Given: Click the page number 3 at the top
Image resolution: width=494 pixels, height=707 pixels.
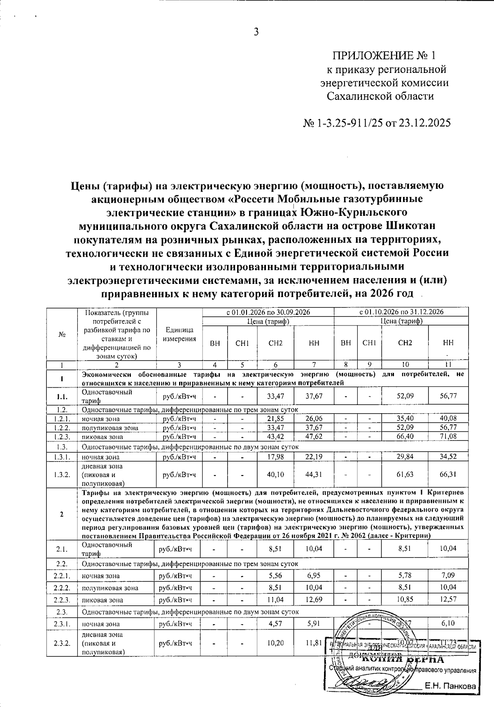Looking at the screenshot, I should tap(256, 32).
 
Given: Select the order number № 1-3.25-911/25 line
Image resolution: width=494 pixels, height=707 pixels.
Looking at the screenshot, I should tap(377, 123).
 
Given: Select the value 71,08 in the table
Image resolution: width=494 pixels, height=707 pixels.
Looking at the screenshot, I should tap(448, 436).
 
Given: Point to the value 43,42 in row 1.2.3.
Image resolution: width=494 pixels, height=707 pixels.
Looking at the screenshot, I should tap(275, 436).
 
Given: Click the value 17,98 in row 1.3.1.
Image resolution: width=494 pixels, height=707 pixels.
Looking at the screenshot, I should tap(275, 457).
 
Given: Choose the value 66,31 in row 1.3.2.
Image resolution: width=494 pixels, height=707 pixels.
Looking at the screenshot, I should tap(448, 474).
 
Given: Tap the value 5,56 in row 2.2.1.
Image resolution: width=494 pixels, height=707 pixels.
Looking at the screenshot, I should tap(275, 576).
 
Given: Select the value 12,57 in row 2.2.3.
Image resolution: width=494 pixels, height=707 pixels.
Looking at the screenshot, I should tap(448, 599).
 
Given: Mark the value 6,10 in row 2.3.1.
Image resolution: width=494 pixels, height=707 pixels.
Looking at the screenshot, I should tap(448, 623).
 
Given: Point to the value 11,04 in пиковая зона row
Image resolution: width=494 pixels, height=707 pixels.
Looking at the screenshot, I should tap(275, 599).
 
